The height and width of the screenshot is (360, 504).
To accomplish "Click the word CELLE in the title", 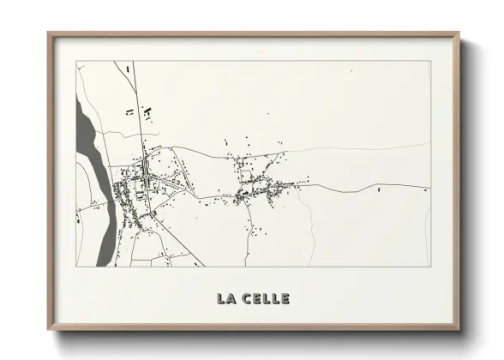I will click(x=266, y=298).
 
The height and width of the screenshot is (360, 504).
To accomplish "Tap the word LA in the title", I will click(x=226, y=298).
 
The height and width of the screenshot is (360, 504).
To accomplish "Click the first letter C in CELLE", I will click(x=246, y=298).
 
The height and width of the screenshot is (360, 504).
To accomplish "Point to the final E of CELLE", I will click(x=285, y=298).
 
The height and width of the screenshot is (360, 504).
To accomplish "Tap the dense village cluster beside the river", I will click(x=137, y=193).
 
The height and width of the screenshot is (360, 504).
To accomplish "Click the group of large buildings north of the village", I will click(x=137, y=111).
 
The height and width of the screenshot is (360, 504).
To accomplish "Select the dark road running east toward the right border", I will click(x=377, y=186).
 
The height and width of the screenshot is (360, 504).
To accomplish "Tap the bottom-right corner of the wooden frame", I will click(x=459, y=329).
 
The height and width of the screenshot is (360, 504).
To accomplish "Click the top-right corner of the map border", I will click(x=429, y=61).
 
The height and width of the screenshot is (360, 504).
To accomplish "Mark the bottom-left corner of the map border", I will click(x=75, y=266).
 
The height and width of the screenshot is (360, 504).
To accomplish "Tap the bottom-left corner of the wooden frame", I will click(x=49, y=329).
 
